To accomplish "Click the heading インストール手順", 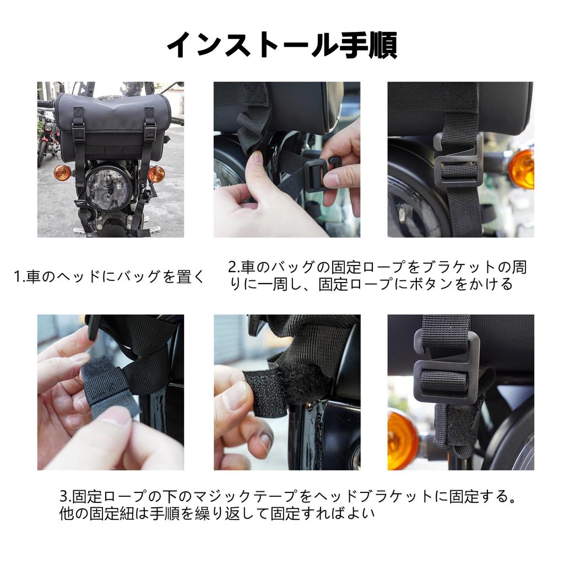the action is [283, 45].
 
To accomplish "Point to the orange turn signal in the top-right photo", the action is [522, 169].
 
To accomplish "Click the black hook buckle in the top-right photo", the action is [457, 161].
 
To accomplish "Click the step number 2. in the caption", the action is [234, 267].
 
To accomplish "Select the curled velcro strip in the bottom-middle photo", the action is [264, 393].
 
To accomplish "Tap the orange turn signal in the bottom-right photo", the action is [402, 441].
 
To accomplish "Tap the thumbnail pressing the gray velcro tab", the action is [115, 417].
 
